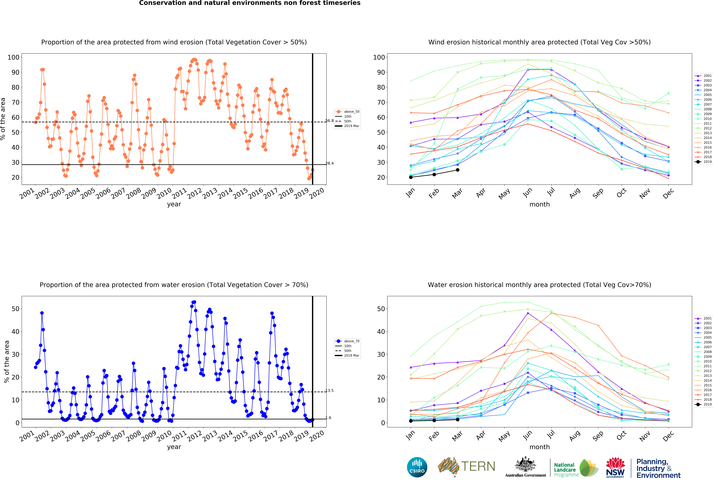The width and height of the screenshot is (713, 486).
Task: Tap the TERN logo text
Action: point(478,466)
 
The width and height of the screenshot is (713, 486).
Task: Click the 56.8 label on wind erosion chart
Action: point(330,121)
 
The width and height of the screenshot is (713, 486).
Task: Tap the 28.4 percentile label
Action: point(330,163)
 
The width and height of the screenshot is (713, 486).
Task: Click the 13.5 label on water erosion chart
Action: point(330,391)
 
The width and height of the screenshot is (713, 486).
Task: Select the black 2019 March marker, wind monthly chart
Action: point(457,170)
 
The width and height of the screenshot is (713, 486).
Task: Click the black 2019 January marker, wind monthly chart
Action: point(411,177)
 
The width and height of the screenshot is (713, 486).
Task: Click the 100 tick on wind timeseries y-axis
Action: point(13,57)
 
